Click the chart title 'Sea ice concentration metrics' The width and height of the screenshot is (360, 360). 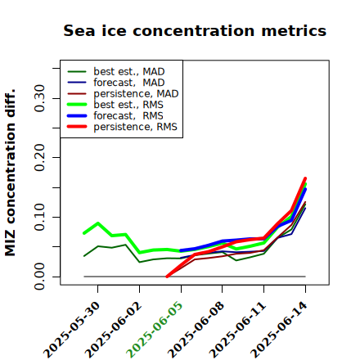click(x=195, y=30)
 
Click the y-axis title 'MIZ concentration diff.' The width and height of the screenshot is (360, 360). click(x=10, y=173)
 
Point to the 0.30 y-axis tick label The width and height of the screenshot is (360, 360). click(x=39, y=98)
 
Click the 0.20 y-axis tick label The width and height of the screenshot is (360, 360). click(x=39, y=157)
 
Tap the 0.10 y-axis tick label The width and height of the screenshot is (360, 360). click(x=39, y=217)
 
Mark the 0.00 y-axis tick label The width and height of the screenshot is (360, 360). click(x=39, y=277)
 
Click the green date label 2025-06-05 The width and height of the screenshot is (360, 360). click(x=155, y=330)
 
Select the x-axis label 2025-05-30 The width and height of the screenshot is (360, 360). click(x=71, y=330)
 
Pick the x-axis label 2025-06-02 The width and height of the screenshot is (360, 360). click(x=113, y=330)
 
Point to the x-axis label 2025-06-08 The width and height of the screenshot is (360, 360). click(x=196, y=330)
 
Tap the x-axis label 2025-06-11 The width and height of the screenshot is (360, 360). click(x=237, y=330)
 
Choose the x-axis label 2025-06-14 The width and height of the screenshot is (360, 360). click(x=279, y=330)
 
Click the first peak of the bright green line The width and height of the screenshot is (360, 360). click(x=98, y=223)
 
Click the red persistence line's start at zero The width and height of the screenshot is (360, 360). click(x=167, y=277)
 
